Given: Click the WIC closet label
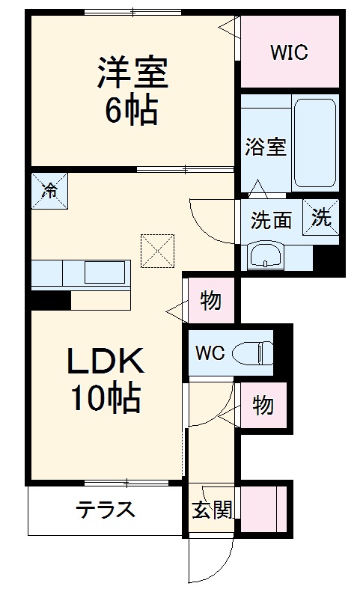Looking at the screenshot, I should [x=290, y=53].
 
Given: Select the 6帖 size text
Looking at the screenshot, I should [x=132, y=111].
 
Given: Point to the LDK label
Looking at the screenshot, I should [x=105, y=362].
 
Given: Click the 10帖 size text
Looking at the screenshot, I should [x=106, y=399].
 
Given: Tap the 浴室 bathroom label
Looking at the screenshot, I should [x=266, y=146].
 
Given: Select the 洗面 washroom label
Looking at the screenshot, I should [x=270, y=220].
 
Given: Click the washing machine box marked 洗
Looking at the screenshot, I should [x=320, y=218].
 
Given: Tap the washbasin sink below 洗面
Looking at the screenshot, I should [x=265, y=256].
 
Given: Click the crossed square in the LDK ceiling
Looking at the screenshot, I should [x=157, y=251].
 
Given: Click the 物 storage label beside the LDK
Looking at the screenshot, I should [x=210, y=302].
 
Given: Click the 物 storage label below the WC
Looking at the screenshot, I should [x=262, y=406].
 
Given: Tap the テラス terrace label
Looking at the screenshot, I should [x=105, y=510].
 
